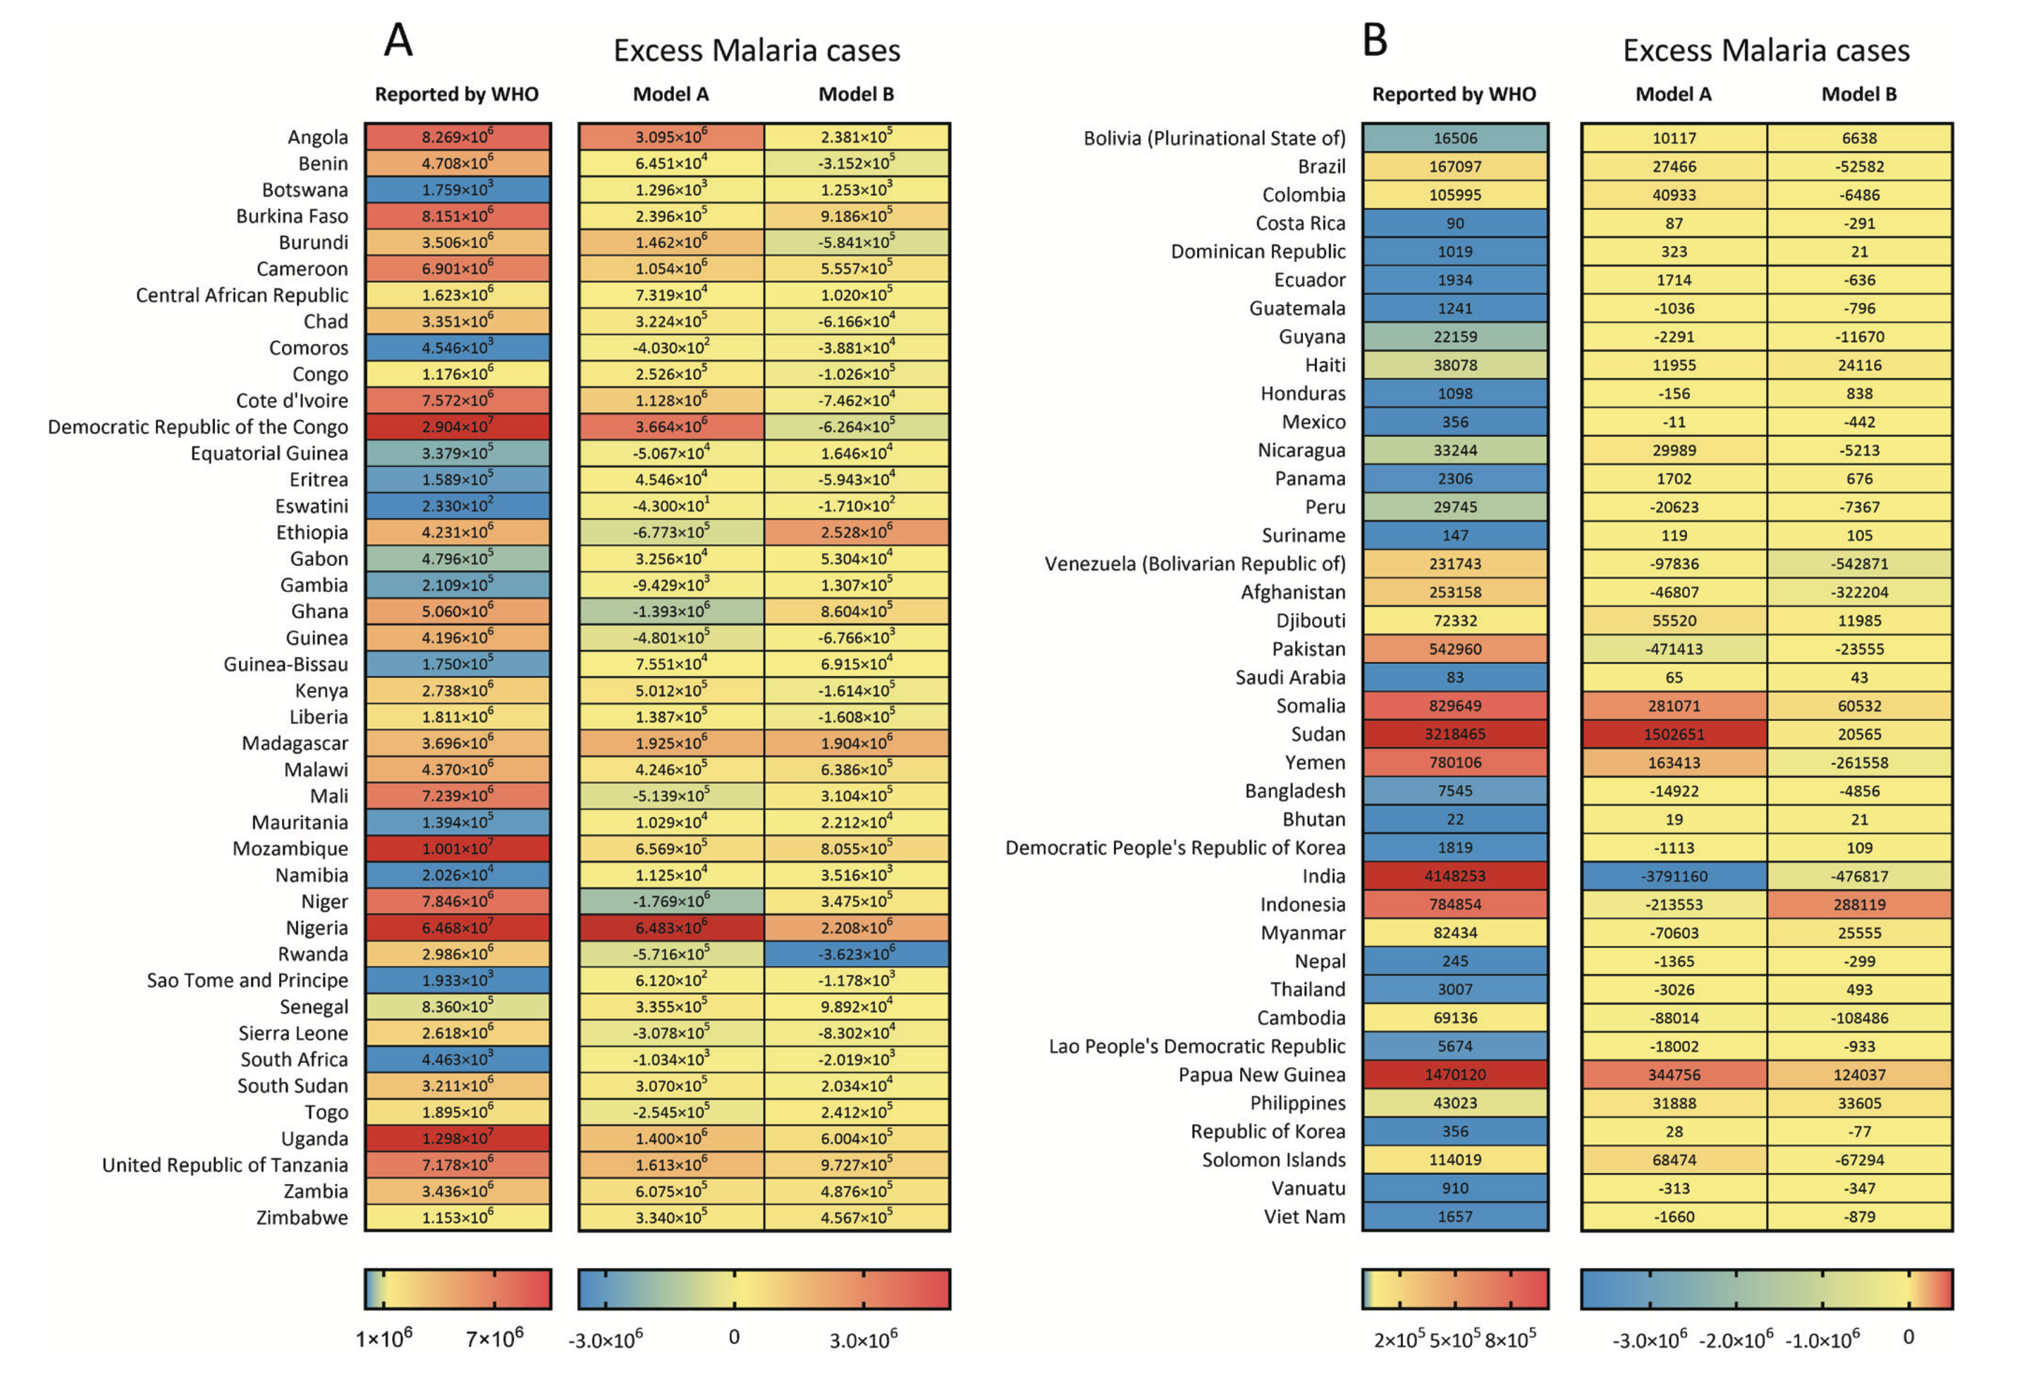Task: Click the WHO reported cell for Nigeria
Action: pos(457,927)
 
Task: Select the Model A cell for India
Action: pos(1673,875)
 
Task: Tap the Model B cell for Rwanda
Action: pos(857,953)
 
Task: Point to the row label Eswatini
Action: pos(311,506)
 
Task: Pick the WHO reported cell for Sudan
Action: pos(1454,734)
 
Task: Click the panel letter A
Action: pos(398,40)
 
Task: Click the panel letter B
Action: pos(1374,40)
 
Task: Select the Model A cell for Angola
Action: pos(670,137)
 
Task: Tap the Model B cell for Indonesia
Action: pos(1859,904)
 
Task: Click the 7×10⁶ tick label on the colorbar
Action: pos(494,1337)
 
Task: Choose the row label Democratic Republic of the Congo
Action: pos(197,427)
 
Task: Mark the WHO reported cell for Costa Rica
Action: pos(1454,223)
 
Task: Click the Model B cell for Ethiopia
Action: pos(857,532)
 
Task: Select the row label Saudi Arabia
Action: pos(1289,677)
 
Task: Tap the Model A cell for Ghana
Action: pos(670,611)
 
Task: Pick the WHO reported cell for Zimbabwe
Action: pos(457,1217)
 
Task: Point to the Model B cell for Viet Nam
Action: pos(1859,1217)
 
